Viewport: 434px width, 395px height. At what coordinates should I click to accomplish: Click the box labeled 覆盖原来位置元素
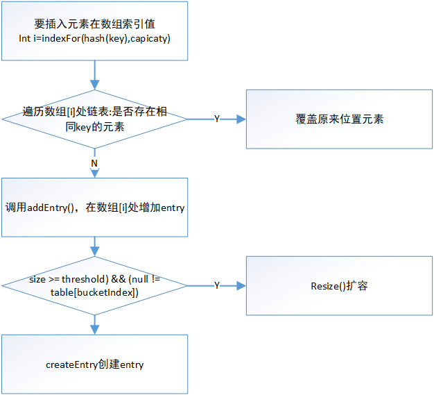tap(339, 119)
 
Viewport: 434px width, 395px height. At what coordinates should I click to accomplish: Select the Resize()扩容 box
tap(339, 285)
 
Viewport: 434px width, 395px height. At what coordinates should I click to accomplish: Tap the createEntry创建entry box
tap(94, 364)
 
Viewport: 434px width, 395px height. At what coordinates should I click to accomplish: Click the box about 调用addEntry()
tap(94, 208)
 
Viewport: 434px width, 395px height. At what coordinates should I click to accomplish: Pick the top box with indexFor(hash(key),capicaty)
tap(94, 31)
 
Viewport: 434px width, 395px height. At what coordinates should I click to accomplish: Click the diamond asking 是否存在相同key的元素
tap(94, 119)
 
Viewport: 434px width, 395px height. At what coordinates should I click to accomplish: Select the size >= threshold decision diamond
tap(94, 285)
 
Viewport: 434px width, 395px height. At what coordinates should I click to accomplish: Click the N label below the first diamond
tap(94, 162)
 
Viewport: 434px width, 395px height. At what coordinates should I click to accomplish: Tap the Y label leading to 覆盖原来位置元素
tap(216, 119)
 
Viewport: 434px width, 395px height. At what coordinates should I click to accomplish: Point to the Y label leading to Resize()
tap(216, 285)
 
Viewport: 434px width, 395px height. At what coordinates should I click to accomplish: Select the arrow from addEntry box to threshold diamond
tap(94, 247)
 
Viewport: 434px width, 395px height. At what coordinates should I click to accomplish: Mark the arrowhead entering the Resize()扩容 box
tap(242, 285)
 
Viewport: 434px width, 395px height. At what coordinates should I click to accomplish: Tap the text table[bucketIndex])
tap(94, 292)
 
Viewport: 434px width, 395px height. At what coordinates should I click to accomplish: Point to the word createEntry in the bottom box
tap(71, 364)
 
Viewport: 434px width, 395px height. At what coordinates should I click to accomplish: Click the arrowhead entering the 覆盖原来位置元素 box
tap(242, 119)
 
